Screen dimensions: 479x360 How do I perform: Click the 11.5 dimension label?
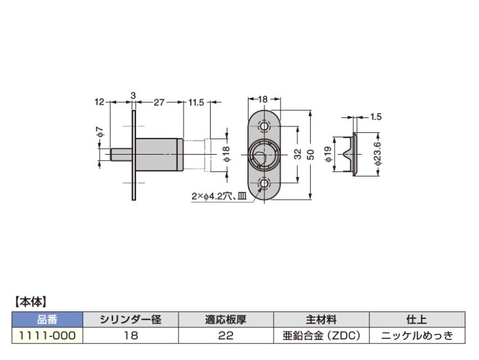[196, 103]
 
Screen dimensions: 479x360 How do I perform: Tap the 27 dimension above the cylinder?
[159, 103]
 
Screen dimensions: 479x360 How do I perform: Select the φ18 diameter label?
[226, 154]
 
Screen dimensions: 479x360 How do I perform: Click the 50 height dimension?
[310, 155]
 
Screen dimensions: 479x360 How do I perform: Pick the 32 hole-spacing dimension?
[297, 154]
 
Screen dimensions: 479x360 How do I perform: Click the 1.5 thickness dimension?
[376, 117]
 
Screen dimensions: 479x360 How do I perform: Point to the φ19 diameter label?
[328, 154]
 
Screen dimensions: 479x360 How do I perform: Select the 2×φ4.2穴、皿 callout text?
[219, 196]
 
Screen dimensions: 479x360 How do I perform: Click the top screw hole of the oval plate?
[264, 126]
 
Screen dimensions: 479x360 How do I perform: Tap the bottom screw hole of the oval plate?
[264, 184]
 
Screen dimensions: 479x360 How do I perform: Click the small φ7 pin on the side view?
[121, 155]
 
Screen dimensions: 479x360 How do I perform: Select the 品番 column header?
[48, 320]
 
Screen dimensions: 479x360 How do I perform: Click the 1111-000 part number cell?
[48, 336]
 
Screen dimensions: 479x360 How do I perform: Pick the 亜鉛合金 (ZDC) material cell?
[322, 336]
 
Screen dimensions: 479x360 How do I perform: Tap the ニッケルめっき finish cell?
[417, 336]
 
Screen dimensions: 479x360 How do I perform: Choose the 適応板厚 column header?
[226, 320]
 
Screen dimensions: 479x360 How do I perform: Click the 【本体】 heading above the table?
[31, 302]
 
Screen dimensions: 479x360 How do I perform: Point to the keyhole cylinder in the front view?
[264, 155]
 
